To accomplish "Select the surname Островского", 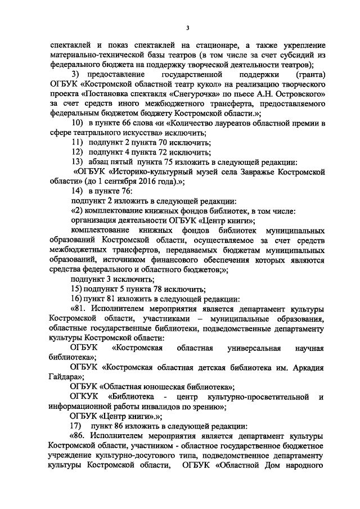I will (292, 94).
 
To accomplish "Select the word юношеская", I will (162, 388).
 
